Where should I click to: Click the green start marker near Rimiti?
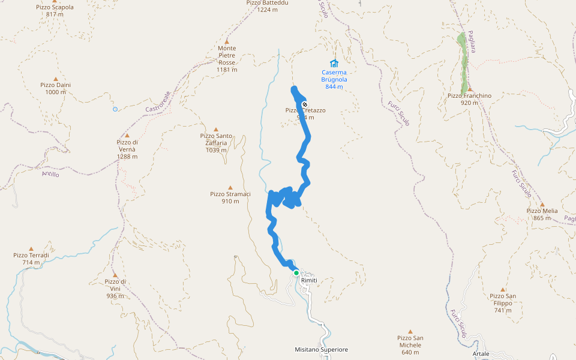[x=296, y=273]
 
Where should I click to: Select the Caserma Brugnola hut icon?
[x=334, y=64]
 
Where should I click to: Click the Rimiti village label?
[x=309, y=281]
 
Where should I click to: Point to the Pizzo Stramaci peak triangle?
[x=230, y=188]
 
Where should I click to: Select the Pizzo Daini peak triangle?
[x=56, y=79]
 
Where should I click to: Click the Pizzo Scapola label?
[x=55, y=10]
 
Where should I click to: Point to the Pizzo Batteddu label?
[x=268, y=6]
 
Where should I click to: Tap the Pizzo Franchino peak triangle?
[x=470, y=89]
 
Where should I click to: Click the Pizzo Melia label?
[x=542, y=214]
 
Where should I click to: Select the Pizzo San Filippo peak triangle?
[x=503, y=290]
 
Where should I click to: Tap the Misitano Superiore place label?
[x=322, y=349]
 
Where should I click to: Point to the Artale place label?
[x=481, y=353]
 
